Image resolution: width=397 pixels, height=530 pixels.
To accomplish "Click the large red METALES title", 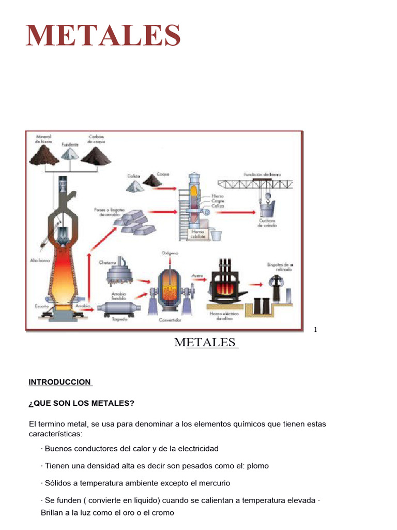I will pyautogui.click(x=103, y=35).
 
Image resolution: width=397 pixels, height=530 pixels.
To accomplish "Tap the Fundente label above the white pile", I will pyautogui.click(x=71, y=145).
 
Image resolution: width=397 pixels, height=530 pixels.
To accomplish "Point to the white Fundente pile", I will pyautogui.click(x=71, y=155).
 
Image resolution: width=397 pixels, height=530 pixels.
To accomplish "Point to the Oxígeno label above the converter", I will pyautogui.click(x=170, y=253).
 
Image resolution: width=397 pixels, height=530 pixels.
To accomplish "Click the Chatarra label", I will pyautogui.click(x=108, y=262).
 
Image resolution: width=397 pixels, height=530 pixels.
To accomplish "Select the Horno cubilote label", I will pyautogui.click(x=198, y=234).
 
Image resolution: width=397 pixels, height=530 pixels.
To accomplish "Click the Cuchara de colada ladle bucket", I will pyautogui.click(x=267, y=210).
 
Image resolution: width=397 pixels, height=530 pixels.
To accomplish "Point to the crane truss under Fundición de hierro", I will pyautogui.click(x=256, y=183).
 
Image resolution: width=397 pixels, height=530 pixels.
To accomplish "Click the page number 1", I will pyautogui.click(x=315, y=330).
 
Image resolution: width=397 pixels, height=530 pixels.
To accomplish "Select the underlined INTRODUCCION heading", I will pyautogui.click(x=60, y=382).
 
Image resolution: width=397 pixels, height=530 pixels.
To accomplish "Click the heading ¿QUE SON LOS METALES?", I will pyautogui.click(x=82, y=403).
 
